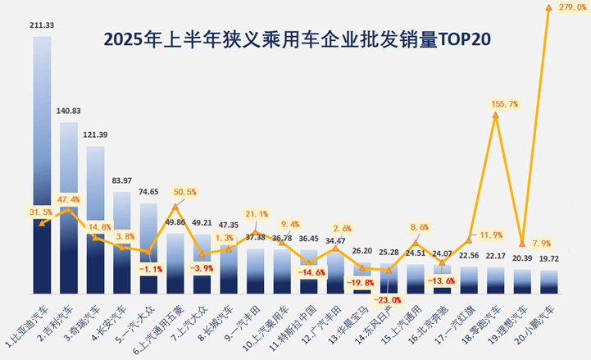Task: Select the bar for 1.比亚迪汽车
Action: tap(43, 164)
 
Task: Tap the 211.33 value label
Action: tap(43, 25)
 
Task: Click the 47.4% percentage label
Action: tap(69, 199)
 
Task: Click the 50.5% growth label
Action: tap(185, 193)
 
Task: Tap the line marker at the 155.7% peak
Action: tap(495, 116)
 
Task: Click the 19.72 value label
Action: tap(548, 259)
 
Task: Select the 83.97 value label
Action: tap(122, 180)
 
